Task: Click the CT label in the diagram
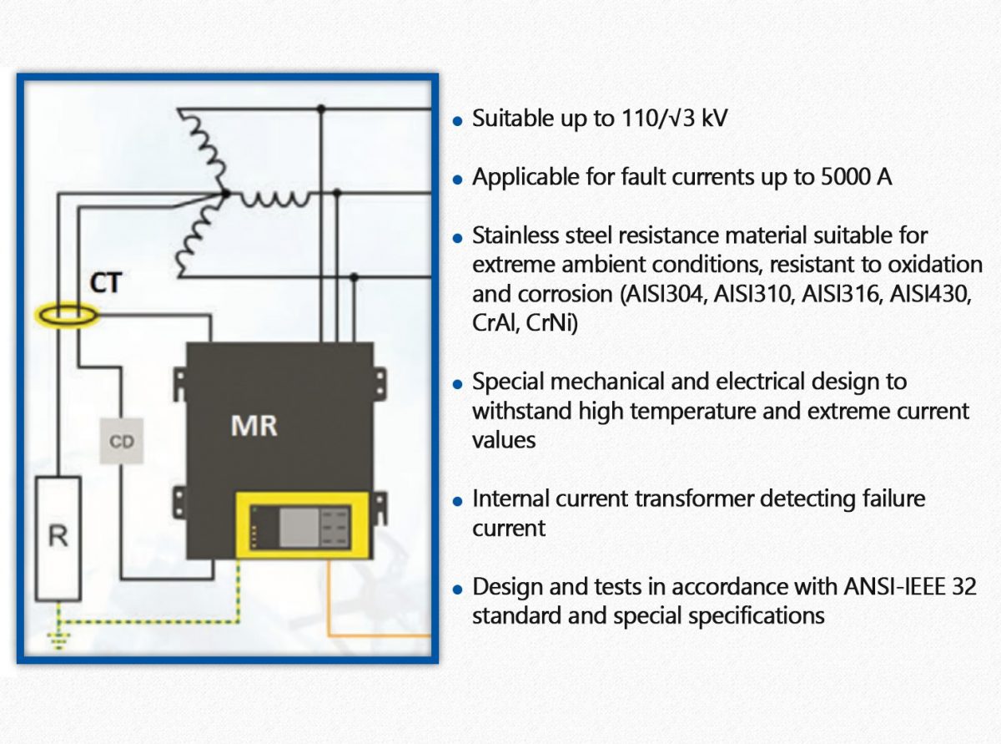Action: point(106,283)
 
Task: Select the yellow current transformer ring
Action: point(67,316)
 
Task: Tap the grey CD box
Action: point(121,442)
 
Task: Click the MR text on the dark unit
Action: point(254,426)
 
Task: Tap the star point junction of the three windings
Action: point(225,195)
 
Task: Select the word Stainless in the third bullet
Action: point(515,235)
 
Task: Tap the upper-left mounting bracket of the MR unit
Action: point(179,382)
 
